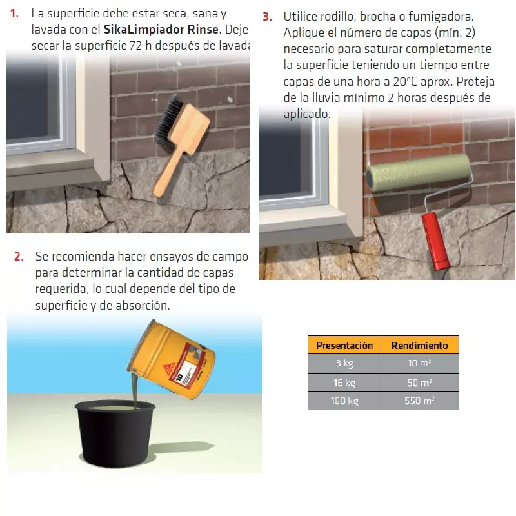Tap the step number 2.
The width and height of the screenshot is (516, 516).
pos(19,257)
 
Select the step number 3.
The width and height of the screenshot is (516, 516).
pos(266,16)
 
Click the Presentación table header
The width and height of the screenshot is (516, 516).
pos(344,345)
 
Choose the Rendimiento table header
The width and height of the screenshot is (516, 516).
pos(419,345)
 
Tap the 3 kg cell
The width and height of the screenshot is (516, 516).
pos(344,364)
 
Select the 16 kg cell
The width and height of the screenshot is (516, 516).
pos(344,382)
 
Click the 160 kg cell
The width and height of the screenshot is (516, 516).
pos(344,401)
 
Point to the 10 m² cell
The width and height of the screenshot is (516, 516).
pos(420,364)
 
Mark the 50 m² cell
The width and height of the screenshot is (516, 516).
pos(420,382)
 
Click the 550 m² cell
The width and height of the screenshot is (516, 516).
pos(420,401)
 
